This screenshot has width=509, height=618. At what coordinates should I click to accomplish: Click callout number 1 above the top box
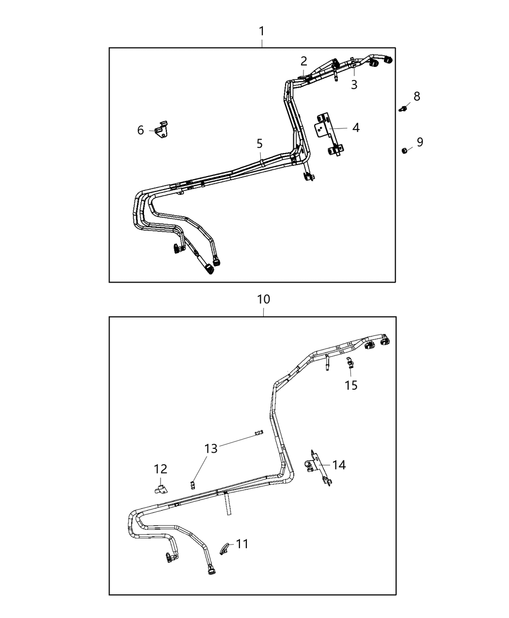tap(262, 32)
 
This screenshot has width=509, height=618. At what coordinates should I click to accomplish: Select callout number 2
tap(304, 61)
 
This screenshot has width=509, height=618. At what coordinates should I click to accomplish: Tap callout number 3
tap(354, 85)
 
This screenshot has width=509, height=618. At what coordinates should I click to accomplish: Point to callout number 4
tap(356, 128)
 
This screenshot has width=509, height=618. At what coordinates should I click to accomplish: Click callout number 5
tap(260, 143)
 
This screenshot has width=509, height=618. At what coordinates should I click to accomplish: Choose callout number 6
tap(141, 130)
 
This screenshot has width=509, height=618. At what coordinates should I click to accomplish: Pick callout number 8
tap(416, 96)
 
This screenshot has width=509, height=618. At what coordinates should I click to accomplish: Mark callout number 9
tap(420, 142)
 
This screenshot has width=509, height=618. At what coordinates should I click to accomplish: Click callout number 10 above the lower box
tap(263, 300)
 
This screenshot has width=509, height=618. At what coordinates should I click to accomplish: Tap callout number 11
tap(242, 544)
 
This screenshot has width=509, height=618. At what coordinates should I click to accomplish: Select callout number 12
tap(160, 469)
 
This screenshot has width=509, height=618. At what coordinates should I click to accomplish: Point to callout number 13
tap(211, 448)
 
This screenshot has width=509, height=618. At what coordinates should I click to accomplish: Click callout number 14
tap(339, 465)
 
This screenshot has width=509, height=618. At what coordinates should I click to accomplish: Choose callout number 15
tap(351, 385)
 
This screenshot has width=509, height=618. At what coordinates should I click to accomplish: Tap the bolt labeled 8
tap(402, 109)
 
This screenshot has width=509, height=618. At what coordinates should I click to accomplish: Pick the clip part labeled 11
tap(224, 549)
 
